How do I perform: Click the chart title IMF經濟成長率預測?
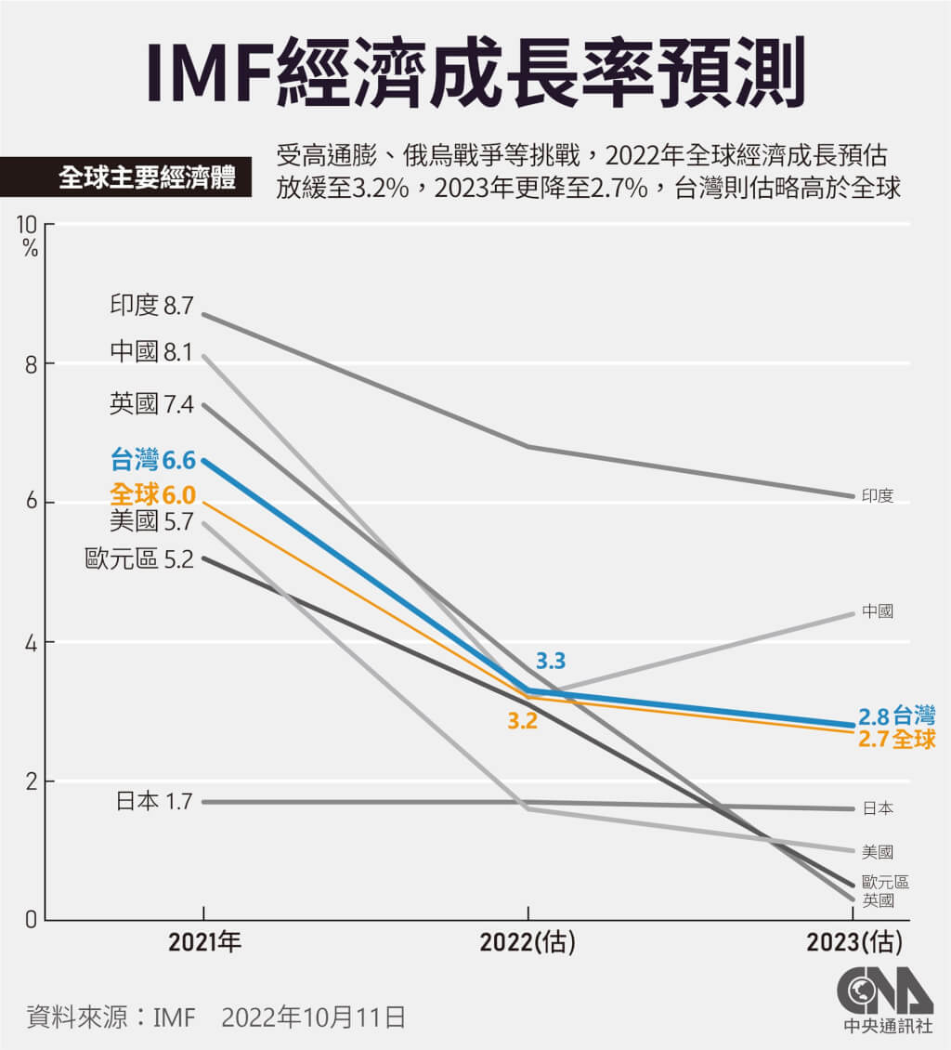click(x=475, y=71)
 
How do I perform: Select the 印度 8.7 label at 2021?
click(x=151, y=306)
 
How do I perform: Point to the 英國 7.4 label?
click(x=151, y=404)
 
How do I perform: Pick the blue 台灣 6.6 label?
click(x=152, y=459)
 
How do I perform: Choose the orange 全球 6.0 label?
click(x=152, y=494)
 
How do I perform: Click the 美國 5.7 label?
click(x=151, y=521)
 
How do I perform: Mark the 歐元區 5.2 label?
click(x=138, y=559)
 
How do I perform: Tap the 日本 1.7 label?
click(x=154, y=800)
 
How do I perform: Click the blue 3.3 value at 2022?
click(x=551, y=662)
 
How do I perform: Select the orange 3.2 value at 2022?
click(x=522, y=720)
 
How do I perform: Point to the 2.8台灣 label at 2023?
click(x=895, y=715)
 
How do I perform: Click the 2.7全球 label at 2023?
click(x=895, y=740)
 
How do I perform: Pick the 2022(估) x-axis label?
click(x=528, y=943)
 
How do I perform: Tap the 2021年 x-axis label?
click(x=204, y=943)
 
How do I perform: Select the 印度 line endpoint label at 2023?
click(x=878, y=496)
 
